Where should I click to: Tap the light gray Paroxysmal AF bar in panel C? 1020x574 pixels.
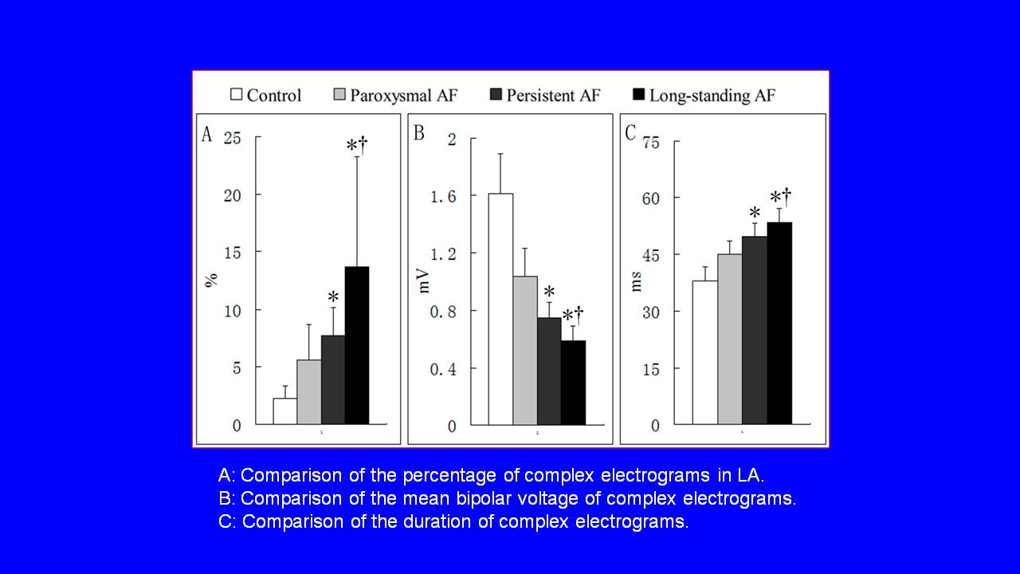tap(729, 339)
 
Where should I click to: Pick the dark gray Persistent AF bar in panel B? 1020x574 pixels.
tap(549, 371)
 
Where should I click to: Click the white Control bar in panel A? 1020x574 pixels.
tap(284, 411)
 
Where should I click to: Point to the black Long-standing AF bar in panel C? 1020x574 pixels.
tap(779, 323)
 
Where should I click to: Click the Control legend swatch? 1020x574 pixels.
tap(236, 95)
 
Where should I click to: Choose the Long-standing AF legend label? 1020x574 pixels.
tap(712, 96)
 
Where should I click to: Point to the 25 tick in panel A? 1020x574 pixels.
tap(232, 137)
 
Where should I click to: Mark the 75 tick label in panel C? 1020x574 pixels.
tap(651, 141)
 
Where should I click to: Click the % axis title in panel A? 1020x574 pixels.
tap(211, 281)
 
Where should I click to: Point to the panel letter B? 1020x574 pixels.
tap(418, 133)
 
